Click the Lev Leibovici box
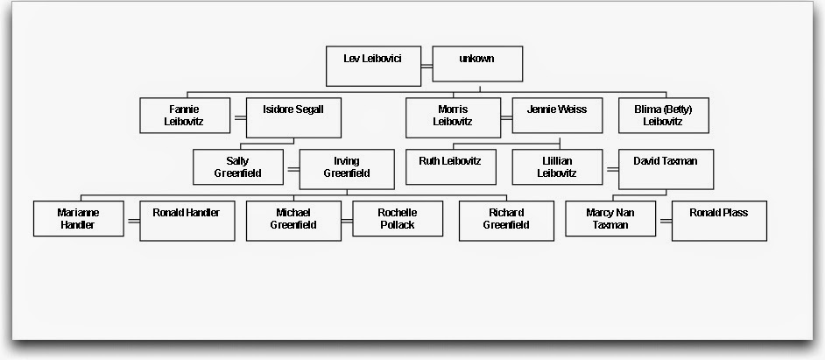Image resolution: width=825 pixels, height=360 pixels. (x=372, y=66)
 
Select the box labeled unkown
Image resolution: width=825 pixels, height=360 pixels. (x=477, y=64)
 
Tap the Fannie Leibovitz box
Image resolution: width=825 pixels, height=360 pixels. (x=185, y=116)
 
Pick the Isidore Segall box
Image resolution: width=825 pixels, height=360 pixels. (x=293, y=118)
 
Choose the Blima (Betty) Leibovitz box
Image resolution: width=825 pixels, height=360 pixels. (x=663, y=116)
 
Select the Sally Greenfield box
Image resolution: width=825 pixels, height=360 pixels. (x=238, y=167)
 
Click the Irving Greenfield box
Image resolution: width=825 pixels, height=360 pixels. (x=346, y=169)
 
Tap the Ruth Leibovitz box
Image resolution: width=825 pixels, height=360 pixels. (x=449, y=166)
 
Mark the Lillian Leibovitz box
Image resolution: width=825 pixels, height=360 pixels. (x=557, y=167)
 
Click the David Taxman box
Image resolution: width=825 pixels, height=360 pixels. (x=665, y=169)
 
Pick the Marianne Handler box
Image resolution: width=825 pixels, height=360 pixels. (x=79, y=219)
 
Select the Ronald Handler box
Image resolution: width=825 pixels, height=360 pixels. (x=187, y=221)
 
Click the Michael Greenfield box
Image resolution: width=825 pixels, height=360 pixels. (x=293, y=219)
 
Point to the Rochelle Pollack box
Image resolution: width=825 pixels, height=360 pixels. (x=397, y=219)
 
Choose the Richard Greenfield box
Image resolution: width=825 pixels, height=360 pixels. (x=505, y=221)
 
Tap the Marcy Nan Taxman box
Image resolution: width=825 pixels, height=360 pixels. (x=610, y=219)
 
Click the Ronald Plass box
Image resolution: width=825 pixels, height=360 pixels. (x=719, y=221)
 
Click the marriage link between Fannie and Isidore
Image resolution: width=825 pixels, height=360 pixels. (x=238, y=116)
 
